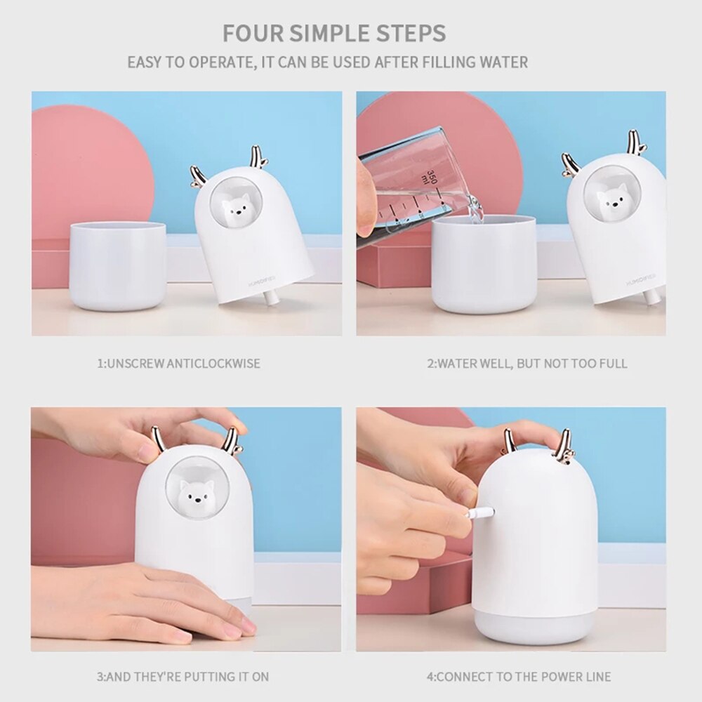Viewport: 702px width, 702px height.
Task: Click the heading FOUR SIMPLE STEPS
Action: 333,33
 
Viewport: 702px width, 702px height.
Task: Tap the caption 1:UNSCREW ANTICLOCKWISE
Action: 178,364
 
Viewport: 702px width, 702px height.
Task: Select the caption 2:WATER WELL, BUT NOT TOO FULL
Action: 527,364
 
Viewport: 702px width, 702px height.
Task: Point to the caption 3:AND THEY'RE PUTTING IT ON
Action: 183,677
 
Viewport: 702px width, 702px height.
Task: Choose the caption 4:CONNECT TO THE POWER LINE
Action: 519,677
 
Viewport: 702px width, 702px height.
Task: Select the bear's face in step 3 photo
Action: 194,496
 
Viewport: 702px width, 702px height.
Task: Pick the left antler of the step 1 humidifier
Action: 198,178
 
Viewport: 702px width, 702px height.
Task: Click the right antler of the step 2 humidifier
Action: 636,143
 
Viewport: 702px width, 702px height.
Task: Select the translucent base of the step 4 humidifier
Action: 534,627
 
